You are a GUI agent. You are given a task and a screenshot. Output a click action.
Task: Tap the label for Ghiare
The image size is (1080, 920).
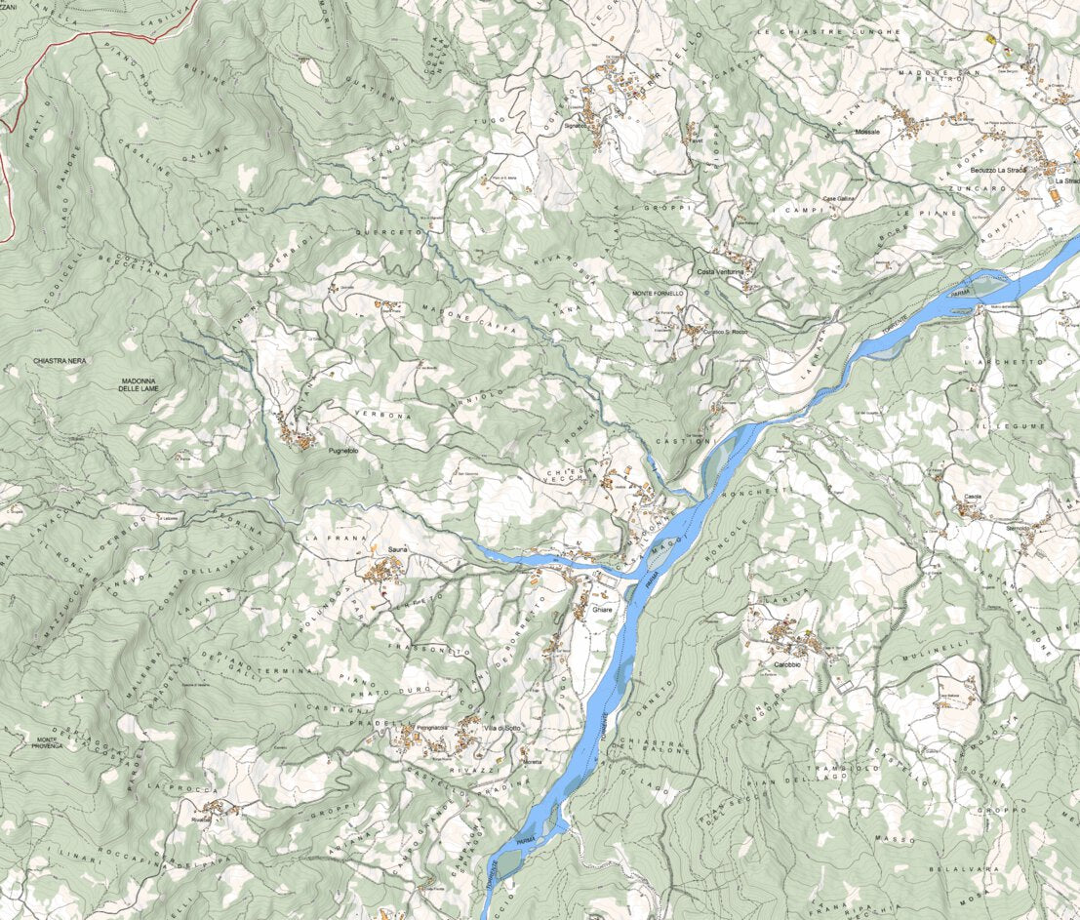(602, 610)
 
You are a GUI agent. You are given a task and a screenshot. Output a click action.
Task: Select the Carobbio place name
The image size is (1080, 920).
(787, 664)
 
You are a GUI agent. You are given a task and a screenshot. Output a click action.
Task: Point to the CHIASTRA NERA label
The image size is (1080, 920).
(60, 361)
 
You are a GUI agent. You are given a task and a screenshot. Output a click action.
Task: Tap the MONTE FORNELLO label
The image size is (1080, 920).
(659, 293)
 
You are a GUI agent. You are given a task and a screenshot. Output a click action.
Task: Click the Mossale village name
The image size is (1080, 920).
(866, 131)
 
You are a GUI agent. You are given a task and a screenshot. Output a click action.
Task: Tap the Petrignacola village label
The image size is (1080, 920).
(431, 729)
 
